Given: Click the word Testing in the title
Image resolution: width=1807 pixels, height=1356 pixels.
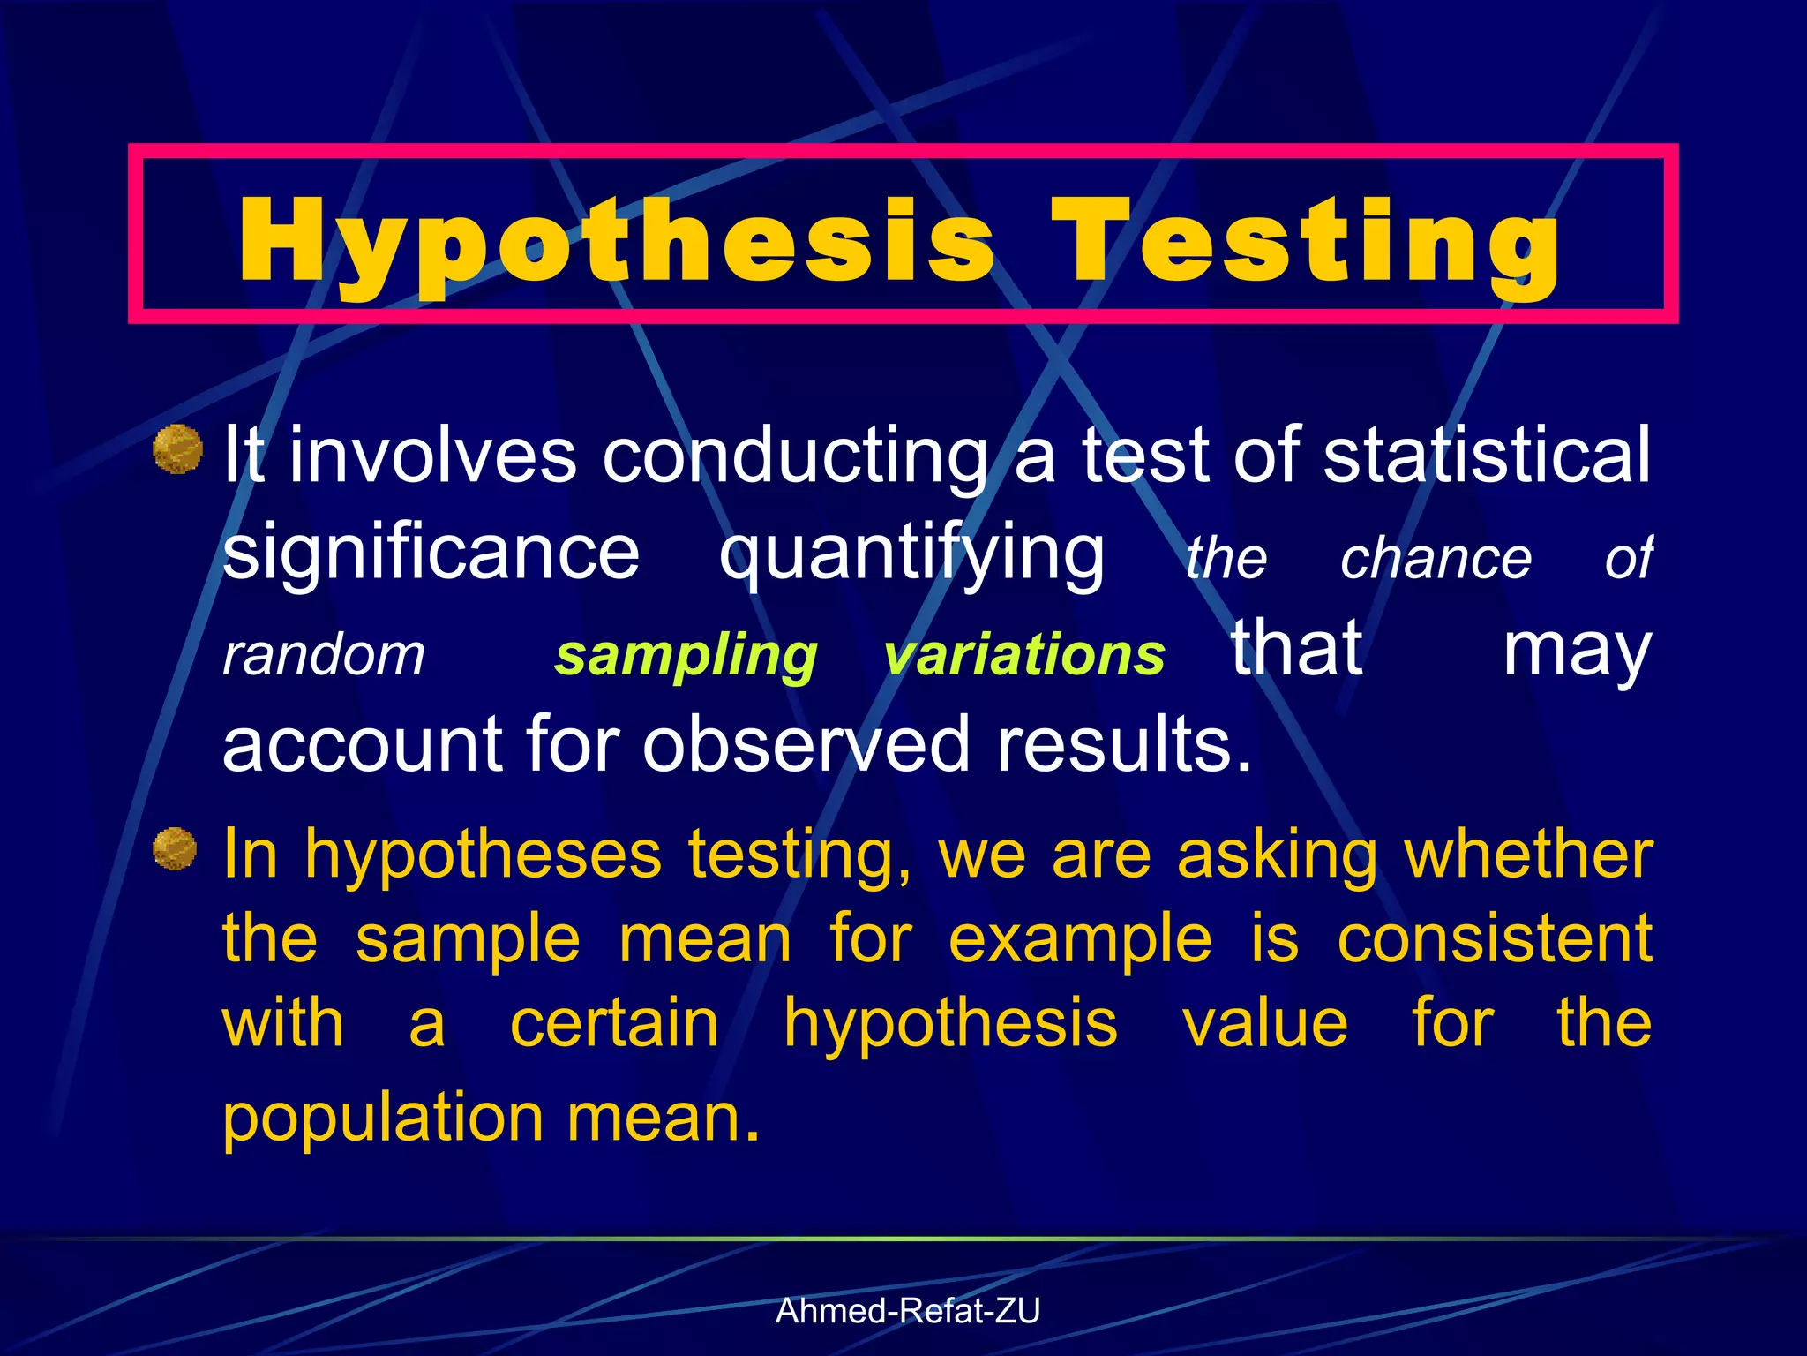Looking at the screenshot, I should (x=1306, y=240).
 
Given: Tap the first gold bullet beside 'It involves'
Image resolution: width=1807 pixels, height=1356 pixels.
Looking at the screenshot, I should (x=178, y=449).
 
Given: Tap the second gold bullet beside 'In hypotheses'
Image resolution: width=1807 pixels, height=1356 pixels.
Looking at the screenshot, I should (x=175, y=848).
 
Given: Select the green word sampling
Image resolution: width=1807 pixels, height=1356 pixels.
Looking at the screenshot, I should (x=686, y=655).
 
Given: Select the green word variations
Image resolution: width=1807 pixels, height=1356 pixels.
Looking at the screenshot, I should (x=1024, y=655).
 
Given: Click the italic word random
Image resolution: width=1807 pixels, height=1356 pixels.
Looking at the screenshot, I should (x=323, y=655).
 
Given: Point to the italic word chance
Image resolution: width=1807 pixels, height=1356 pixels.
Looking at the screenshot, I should (x=1436, y=558).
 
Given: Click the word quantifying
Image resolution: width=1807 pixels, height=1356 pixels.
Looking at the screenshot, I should (x=911, y=553).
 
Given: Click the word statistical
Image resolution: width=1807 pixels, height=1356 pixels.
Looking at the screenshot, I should (x=1487, y=454).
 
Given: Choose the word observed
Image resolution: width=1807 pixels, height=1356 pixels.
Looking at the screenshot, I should (x=806, y=743).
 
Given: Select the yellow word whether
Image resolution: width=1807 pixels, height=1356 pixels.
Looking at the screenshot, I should (x=1528, y=854).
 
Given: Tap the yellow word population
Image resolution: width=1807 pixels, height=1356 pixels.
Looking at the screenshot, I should (x=382, y=1118).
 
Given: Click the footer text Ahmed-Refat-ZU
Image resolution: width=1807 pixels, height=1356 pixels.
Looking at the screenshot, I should (x=908, y=1311).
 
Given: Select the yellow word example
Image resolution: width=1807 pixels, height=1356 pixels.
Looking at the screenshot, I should (x=1080, y=939).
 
